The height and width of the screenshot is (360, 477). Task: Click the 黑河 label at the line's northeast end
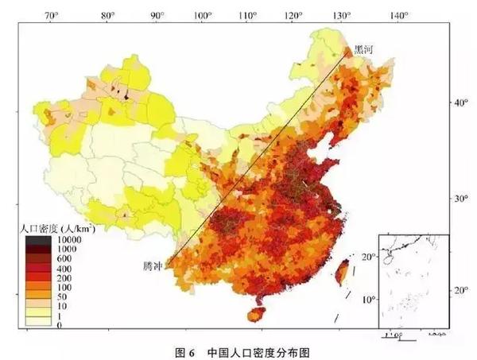[x=363, y=49]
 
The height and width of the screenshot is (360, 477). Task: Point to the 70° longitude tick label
[x=52, y=15]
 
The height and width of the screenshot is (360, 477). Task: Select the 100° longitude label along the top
[x=203, y=15]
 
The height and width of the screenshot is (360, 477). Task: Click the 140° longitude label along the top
[x=398, y=15]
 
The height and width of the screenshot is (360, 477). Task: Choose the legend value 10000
[x=67, y=239]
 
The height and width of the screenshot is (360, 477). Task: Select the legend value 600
[x=62, y=258]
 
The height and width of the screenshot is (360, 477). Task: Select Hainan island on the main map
[x=256, y=315]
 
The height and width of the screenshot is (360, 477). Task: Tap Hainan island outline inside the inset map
[x=386, y=260]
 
